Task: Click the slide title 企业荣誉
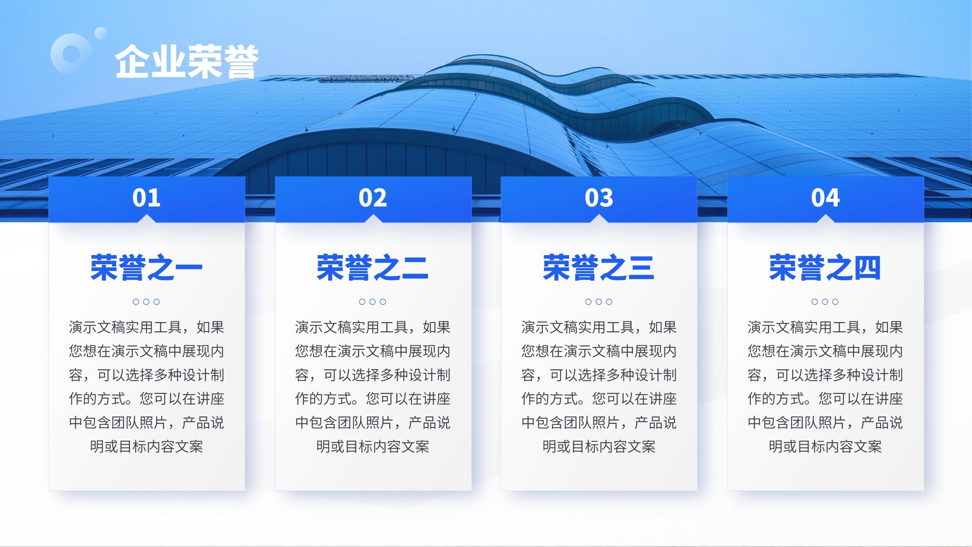[x=187, y=61]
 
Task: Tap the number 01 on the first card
[x=146, y=198]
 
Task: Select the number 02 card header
[x=373, y=199]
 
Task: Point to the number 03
[x=599, y=198]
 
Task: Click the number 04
[x=826, y=198]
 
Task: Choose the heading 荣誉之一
[x=146, y=267]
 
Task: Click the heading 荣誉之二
[x=373, y=267]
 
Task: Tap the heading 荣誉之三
[x=599, y=267]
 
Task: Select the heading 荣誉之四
[x=826, y=267]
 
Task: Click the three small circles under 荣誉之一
[x=146, y=301]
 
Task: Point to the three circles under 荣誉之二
[x=372, y=301]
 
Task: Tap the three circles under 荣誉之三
[x=599, y=301]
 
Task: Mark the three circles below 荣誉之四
[x=825, y=301]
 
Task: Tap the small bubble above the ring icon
[x=101, y=33]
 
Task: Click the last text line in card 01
[x=146, y=446]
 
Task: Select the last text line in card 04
[x=826, y=446]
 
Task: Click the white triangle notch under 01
[x=146, y=219]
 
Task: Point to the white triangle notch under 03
[x=599, y=219]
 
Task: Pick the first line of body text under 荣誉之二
[x=373, y=327]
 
